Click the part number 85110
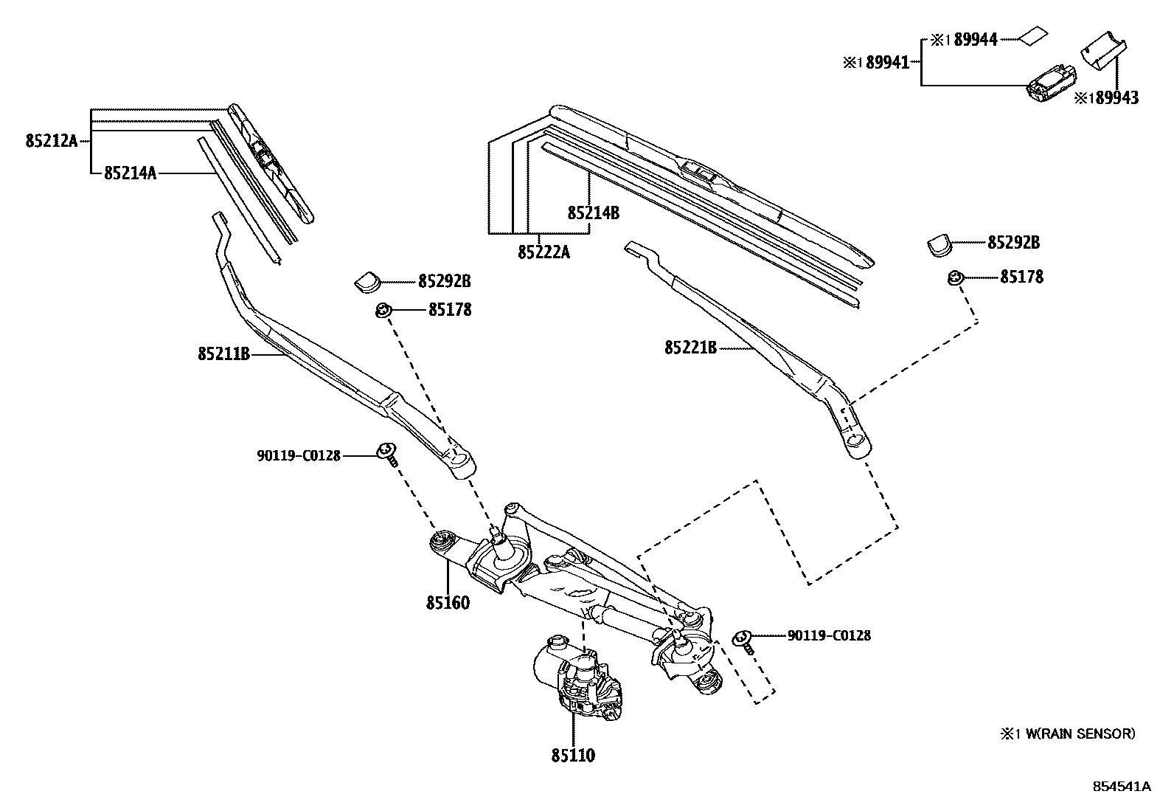tap(572, 755)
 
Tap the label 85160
tap(447, 602)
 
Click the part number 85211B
tap(224, 354)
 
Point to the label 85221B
tap(690, 347)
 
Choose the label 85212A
tap(51, 140)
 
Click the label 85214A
tap(130, 173)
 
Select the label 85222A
tap(543, 252)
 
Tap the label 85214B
tap(593, 213)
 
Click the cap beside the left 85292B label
tap(367, 280)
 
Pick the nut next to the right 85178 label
tap(954, 277)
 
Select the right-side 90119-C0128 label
tap(829, 635)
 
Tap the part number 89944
tap(975, 40)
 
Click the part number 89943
tap(1116, 97)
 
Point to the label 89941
tap(887, 63)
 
